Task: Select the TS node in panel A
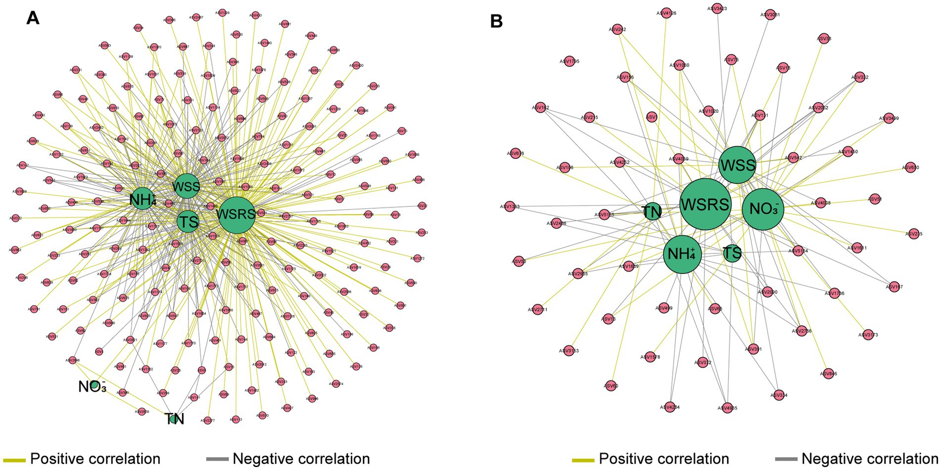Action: pos(188,222)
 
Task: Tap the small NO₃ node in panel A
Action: pos(94,385)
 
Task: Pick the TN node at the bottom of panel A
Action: pos(173,419)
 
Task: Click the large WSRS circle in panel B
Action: pos(705,204)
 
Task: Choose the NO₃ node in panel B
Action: pos(763,209)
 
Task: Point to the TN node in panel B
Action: pos(652,212)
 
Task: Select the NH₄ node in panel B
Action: pos(682,254)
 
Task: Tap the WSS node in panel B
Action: pos(737,165)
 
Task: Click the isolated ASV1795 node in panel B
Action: pos(569,61)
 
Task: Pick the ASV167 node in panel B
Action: pos(894,286)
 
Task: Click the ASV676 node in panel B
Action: pos(516,153)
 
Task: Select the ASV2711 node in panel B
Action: pos(538,310)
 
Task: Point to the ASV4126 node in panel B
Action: pos(666,13)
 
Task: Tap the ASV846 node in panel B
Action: pos(827,374)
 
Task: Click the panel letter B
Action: pos(496,21)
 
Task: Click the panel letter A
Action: pos(33,18)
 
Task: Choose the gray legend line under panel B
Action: pos(786,460)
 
